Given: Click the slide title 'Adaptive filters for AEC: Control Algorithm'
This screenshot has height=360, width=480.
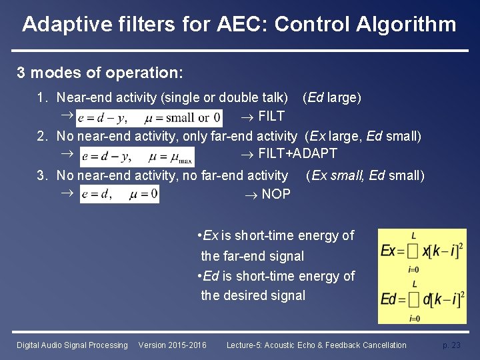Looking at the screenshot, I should pyautogui.click(x=239, y=25).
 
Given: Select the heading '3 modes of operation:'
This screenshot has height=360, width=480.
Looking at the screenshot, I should pyautogui.click(x=100, y=71).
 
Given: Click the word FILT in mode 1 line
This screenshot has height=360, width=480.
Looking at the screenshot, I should pyautogui.click(x=271, y=117).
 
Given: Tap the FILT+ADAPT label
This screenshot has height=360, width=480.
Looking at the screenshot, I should pyautogui.click(x=297, y=154).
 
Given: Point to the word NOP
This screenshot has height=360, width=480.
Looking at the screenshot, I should pyautogui.click(x=276, y=194).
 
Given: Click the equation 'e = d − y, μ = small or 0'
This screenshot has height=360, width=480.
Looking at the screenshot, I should pyautogui.click(x=149, y=118).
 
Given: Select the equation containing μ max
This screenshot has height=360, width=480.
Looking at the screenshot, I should pyautogui.click(x=137, y=157).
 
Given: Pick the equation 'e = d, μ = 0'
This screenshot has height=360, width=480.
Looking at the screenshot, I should pyautogui.click(x=119, y=194).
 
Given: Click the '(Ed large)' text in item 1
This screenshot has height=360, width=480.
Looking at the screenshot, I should pyautogui.click(x=332, y=98).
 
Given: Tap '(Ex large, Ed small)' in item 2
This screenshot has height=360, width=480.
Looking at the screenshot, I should pyautogui.click(x=363, y=136).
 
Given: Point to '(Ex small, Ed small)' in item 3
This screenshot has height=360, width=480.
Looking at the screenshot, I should pyautogui.click(x=365, y=176).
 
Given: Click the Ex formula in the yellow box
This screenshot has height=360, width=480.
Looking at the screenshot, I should pyautogui.click(x=421, y=252).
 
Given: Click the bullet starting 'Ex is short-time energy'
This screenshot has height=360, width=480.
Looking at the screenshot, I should pyautogui.click(x=276, y=245).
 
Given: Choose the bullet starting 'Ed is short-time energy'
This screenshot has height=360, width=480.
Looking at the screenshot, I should pyautogui.click(x=276, y=285).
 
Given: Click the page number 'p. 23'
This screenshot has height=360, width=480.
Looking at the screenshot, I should pyautogui.click(x=451, y=345).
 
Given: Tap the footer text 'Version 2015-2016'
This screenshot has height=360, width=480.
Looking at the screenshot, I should pyautogui.click(x=172, y=345).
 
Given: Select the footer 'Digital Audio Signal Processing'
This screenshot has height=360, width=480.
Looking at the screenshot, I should pyautogui.click(x=72, y=345).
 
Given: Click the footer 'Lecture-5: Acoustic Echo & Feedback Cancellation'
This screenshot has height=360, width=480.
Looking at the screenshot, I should pyautogui.click(x=316, y=345).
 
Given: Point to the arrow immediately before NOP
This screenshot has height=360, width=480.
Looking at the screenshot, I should pyautogui.click(x=250, y=194).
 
